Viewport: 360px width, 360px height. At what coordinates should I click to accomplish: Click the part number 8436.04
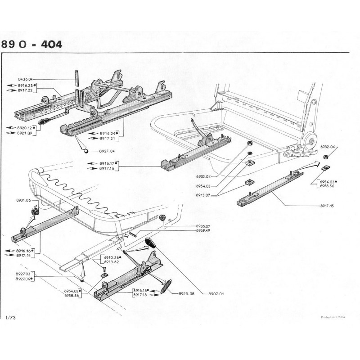27,79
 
